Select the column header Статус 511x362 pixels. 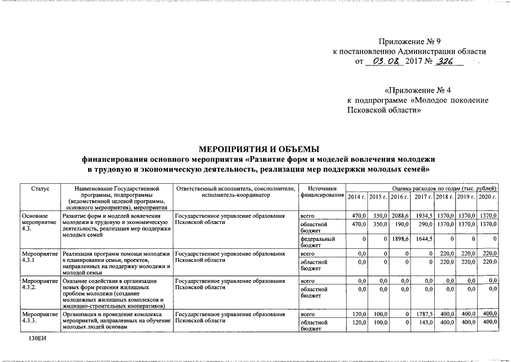point(40,188)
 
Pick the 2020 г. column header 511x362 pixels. point(487,196)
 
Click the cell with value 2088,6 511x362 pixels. point(400,216)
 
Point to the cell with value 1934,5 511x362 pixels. point(423,216)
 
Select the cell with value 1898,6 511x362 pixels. point(400,239)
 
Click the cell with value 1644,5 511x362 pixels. point(423,239)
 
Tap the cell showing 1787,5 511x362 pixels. point(423,313)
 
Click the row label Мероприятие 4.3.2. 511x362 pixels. point(40,283)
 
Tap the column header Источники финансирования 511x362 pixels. point(322,192)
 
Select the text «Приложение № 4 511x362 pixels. point(417,90)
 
